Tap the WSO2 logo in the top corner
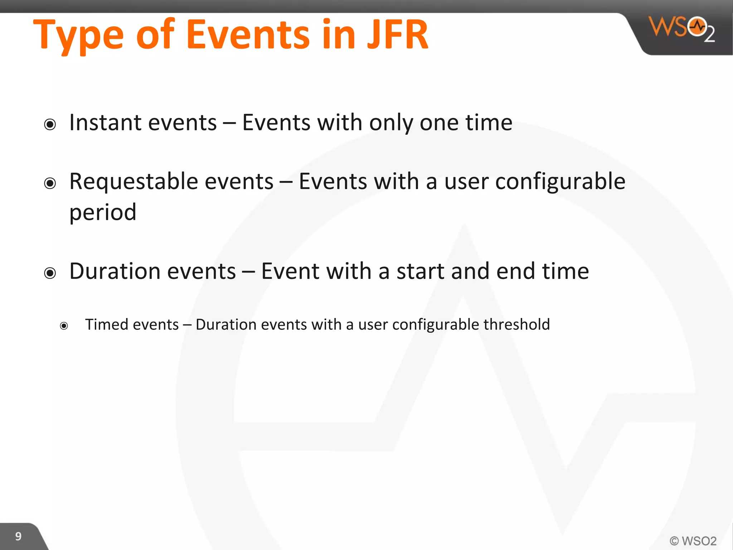coord(682,29)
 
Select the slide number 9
coord(18,536)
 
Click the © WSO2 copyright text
coord(693,540)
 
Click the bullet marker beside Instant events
coord(50,125)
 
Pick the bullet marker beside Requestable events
coord(50,183)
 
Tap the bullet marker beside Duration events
coord(50,273)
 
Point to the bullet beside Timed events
coord(64,326)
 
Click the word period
coord(103,213)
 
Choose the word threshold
coord(516,324)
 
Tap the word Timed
coord(107,324)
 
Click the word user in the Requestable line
coord(466,182)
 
